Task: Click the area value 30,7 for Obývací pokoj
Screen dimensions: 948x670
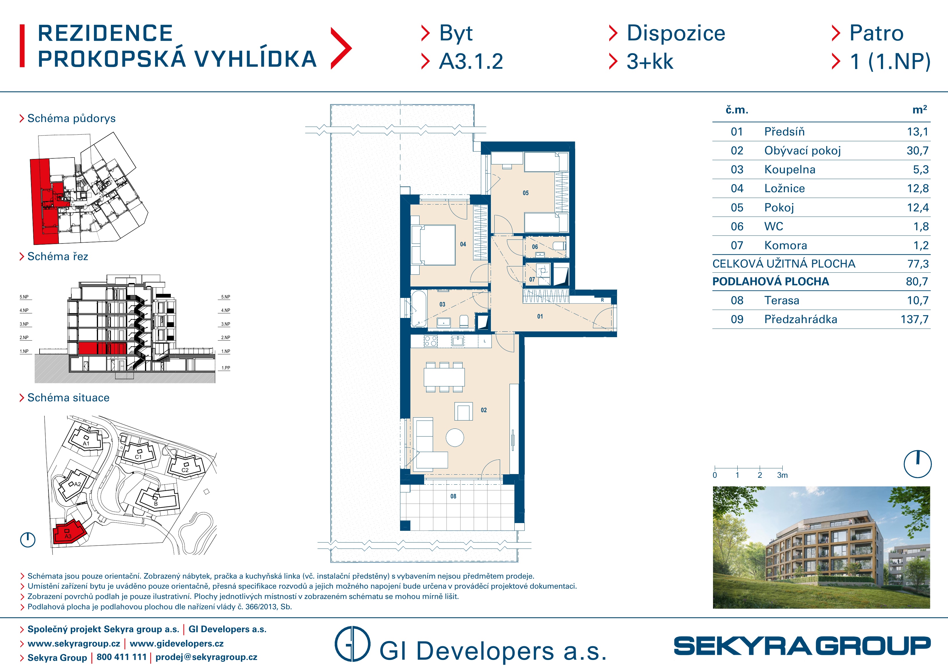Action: pyautogui.click(x=917, y=151)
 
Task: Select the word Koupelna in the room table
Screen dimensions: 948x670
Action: pyautogui.click(x=790, y=170)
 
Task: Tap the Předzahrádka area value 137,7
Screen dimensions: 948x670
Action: pyautogui.click(x=914, y=319)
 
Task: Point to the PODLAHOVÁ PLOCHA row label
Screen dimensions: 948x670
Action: pyautogui.click(x=770, y=282)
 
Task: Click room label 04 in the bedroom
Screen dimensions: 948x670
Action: pyautogui.click(x=463, y=244)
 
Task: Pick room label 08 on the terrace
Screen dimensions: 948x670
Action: pyautogui.click(x=453, y=496)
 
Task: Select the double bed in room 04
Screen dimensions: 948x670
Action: pyautogui.click(x=434, y=245)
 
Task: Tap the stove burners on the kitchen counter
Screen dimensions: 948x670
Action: pyautogui.click(x=431, y=341)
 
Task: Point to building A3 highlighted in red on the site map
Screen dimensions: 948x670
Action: pyautogui.click(x=68, y=533)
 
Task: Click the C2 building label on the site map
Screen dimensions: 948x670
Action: pyautogui.click(x=185, y=470)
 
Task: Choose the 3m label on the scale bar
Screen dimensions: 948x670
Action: pyautogui.click(x=782, y=475)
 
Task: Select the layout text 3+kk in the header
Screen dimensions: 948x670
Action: pyautogui.click(x=650, y=62)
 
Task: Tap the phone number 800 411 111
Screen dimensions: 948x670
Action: pyautogui.click(x=122, y=657)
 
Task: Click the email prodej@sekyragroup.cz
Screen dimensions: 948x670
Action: pyautogui.click(x=206, y=657)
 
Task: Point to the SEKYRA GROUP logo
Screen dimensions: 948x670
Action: pyautogui.click(x=802, y=646)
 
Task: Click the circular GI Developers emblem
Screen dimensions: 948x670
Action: pyautogui.click(x=352, y=644)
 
